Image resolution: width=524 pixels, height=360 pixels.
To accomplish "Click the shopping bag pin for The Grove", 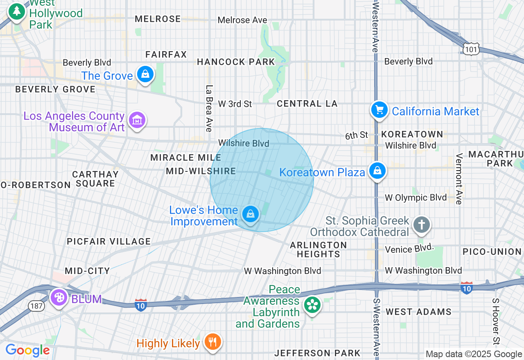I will click(x=145, y=74).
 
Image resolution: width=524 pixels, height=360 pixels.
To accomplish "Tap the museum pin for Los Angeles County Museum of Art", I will click(x=137, y=120).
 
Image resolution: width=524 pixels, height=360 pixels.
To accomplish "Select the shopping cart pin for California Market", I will click(x=379, y=110).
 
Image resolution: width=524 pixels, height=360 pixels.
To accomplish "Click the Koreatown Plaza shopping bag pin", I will click(x=377, y=171).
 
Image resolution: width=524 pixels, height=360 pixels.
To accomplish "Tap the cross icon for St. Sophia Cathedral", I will click(x=422, y=225).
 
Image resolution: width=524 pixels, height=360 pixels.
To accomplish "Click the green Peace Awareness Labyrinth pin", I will click(x=312, y=305).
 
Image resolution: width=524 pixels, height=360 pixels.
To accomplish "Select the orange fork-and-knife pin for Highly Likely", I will click(x=212, y=342).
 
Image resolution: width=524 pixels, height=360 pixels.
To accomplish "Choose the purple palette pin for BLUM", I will click(x=59, y=297).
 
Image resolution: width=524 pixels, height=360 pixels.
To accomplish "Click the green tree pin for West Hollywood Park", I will click(x=17, y=11).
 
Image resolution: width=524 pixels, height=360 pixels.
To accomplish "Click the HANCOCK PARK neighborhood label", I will click(x=236, y=62).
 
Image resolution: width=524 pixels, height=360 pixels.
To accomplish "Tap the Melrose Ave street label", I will click(x=242, y=20).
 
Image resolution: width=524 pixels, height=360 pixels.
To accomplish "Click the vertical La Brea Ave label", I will click(x=209, y=108).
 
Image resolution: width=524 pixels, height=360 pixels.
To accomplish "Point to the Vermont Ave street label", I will click(x=459, y=179).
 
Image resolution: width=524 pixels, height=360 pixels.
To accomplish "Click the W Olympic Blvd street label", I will click(x=416, y=198).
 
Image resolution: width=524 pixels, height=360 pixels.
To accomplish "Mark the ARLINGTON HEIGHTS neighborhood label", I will click(x=318, y=250).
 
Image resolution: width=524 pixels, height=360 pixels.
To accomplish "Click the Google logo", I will click(x=27, y=350).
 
